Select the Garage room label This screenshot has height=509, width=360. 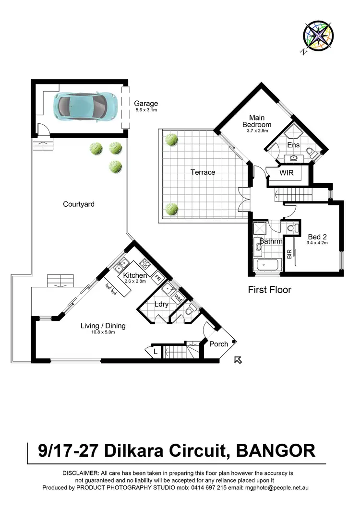click(x=146, y=103)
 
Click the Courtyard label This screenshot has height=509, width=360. click(x=79, y=204)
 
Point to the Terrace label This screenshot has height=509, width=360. click(x=203, y=172)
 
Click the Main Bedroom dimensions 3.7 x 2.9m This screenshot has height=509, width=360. click(x=260, y=130)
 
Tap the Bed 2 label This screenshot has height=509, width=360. click(x=317, y=237)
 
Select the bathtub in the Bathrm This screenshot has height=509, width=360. click(x=268, y=265)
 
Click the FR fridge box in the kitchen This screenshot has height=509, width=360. click(x=157, y=277)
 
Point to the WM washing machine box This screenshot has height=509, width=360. click(x=177, y=297)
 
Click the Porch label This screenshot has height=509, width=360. click(x=219, y=343)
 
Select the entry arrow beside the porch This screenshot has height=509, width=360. click(x=237, y=360)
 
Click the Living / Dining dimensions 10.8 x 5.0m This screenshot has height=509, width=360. click(x=103, y=332)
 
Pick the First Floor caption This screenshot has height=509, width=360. click(x=269, y=290)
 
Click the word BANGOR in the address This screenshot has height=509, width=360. click(x=276, y=451)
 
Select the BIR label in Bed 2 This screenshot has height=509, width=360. click(x=289, y=254)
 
